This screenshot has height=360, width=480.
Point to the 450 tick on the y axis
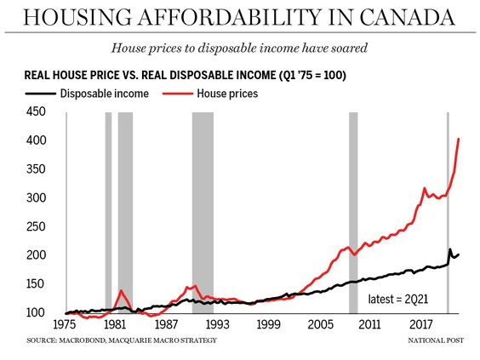(x=33, y=111)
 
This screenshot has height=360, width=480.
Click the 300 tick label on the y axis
(x=33, y=197)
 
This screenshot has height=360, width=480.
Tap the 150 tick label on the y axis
(x=33, y=284)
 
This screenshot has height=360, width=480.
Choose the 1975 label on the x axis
(x=66, y=325)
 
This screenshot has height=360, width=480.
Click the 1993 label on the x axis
(x=215, y=325)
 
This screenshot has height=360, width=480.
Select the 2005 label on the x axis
(x=320, y=325)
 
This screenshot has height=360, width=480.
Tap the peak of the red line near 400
(x=459, y=139)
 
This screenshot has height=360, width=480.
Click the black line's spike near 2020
(x=450, y=249)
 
